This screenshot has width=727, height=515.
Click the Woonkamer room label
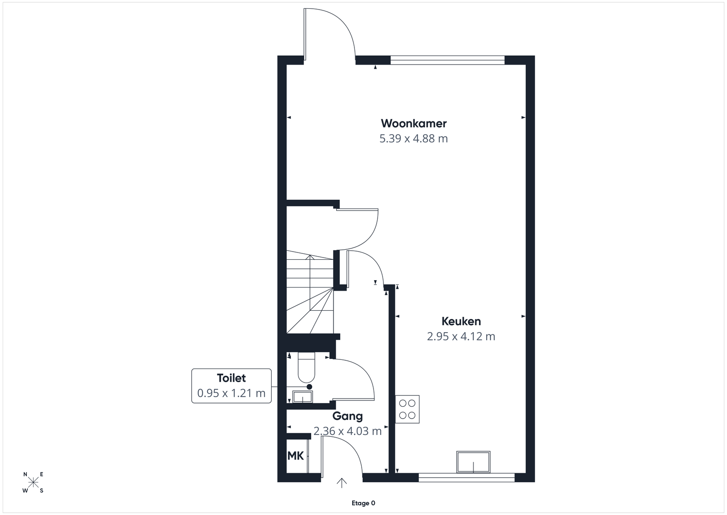(413, 123)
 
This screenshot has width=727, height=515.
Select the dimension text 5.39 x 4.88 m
(413, 139)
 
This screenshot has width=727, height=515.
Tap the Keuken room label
(461, 321)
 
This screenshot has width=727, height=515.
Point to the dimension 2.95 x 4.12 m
(461, 336)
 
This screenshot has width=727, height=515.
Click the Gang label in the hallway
(347, 416)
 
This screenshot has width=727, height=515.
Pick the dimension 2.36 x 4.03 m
(347, 431)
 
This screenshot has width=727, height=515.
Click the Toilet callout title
(231, 378)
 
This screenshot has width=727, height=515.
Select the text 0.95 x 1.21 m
(231, 393)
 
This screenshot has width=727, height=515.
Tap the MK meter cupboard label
(295, 456)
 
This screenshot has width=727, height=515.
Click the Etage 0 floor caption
(363, 503)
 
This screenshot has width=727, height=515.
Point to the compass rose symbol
(33, 483)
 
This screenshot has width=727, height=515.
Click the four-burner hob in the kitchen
(407, 409)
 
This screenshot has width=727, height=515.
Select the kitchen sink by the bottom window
(473, 462)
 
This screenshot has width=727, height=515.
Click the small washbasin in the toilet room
(303, 397)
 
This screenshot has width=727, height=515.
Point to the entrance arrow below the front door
(341, 483)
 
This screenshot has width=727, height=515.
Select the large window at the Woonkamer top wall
(447, 60)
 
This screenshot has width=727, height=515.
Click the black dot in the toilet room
(309, 387)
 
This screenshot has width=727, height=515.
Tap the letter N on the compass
(25, 475)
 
